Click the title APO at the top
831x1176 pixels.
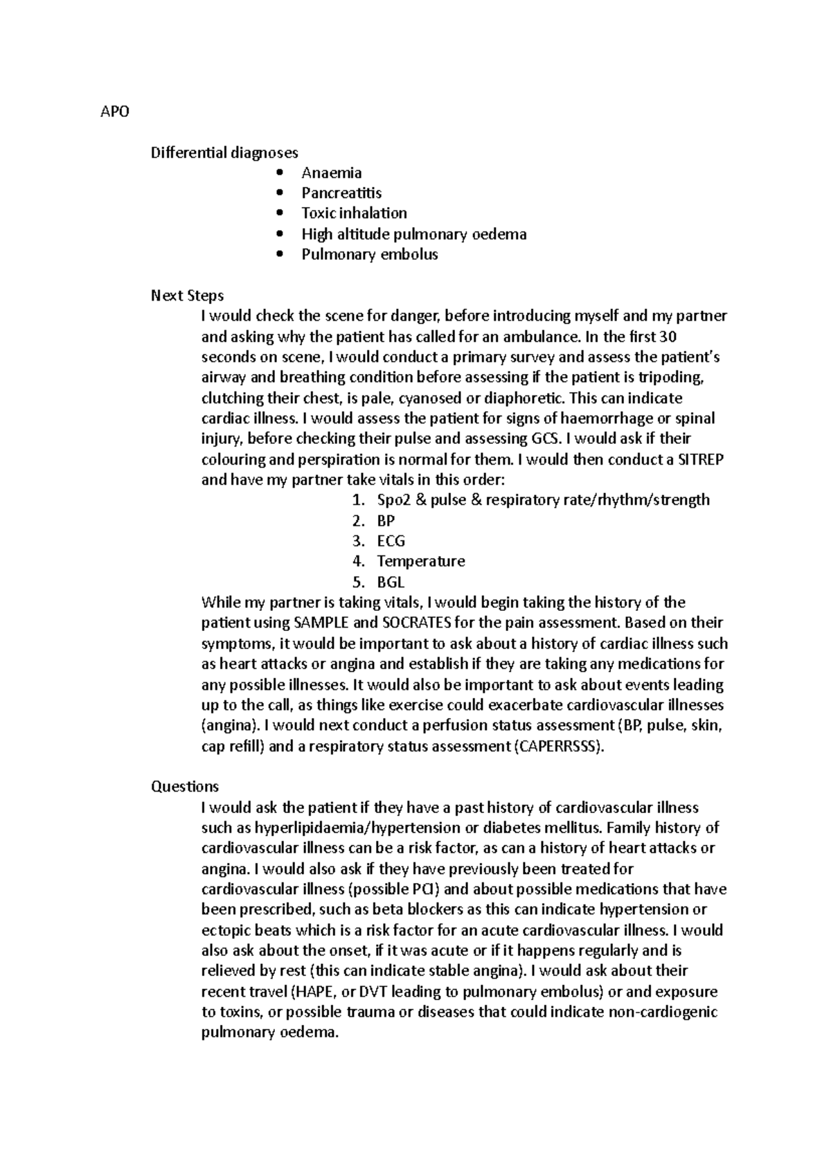coord(115,112)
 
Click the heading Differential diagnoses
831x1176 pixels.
coord(224,152)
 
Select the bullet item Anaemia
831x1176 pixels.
coord(331,173)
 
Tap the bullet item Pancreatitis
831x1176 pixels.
coord(341,193)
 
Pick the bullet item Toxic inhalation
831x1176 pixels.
coord(354,213)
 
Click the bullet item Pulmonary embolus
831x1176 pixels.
coord(369,254)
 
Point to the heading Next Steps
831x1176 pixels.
coord(187,296)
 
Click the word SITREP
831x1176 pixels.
coord(699,459)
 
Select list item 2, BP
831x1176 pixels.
coord(385,521)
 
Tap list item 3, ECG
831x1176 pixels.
coord(391,541)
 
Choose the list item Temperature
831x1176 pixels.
coord(420,561)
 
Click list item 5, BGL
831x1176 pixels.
coord(390,582)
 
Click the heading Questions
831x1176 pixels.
coord(185,787)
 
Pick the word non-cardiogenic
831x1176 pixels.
coord(663,1012)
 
